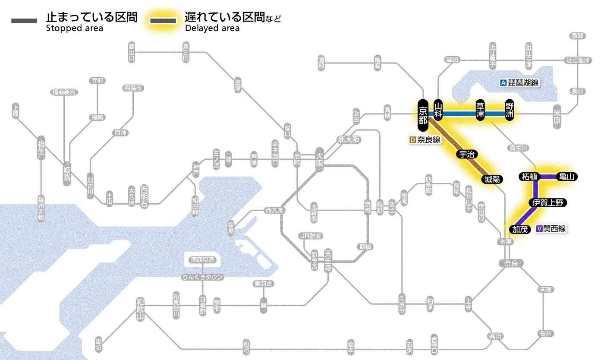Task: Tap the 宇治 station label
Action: click(x=467, y=154)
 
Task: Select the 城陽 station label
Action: click(x=492, y=179)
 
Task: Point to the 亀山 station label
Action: click(x=567, y=177)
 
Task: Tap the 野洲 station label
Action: click(x=510, y=111)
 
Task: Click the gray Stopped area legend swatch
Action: click(x=24, y=21)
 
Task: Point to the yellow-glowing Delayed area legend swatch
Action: click(x=163, y=21)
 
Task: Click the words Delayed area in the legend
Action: click(x=212, y=28)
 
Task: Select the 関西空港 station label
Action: click(x=202, y=260)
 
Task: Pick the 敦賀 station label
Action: click(x=577, y=36)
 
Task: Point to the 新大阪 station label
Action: click(x=349, y=139)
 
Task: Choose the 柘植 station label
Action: click(x=529, y=177)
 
